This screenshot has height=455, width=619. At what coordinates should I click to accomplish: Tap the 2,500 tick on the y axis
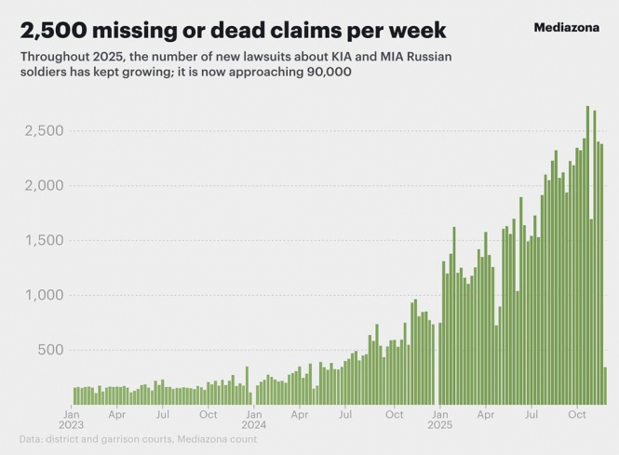(x=43, y=130)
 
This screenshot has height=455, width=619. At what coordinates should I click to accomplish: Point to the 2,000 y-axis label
(x=43, y=185)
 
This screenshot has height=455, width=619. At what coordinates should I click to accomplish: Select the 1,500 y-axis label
(x=43, y=240)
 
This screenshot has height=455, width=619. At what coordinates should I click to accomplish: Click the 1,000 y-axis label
(x=43, y=295)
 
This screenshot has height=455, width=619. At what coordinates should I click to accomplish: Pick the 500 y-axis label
(x=48, y=350)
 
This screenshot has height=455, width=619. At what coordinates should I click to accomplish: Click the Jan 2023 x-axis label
(x=72, y=419)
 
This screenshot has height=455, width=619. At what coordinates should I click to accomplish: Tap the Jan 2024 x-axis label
(x=254, y=419)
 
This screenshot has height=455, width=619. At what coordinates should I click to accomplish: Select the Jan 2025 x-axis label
(x=440, y=419)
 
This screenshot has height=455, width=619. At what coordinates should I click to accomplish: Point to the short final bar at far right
(x=605, y=386)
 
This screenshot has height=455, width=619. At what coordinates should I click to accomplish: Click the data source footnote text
(x=138, y=438)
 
